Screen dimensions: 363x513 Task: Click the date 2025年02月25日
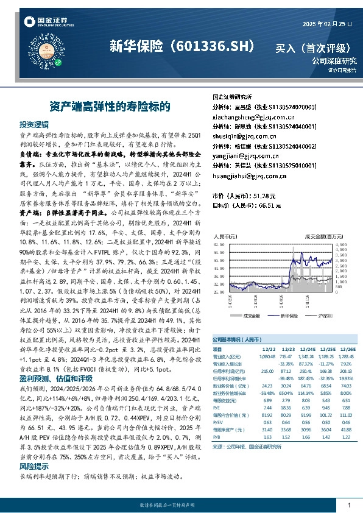tap(328, 23)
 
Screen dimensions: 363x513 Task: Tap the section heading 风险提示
tap(33, 465)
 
